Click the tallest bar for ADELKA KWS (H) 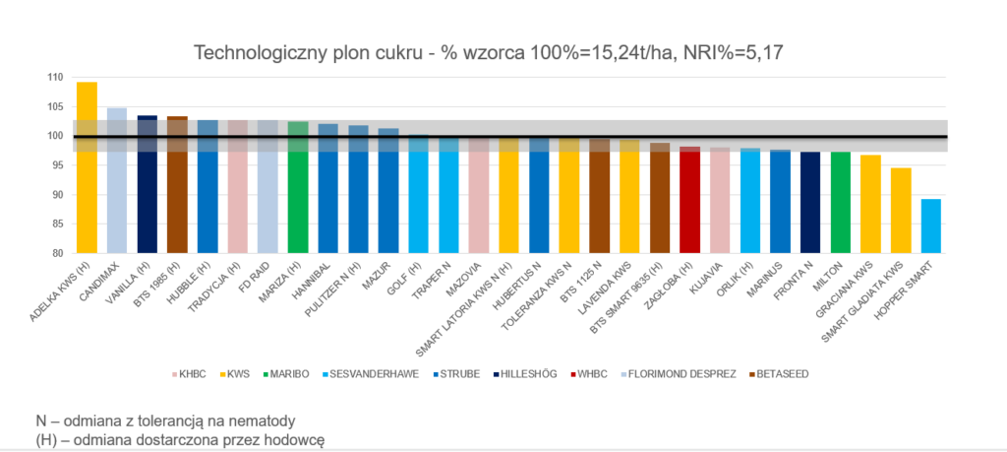pos(87,167)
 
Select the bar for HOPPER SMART pos(930,226)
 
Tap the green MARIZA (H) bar pos(298,187)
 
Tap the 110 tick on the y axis pos(56,78)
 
